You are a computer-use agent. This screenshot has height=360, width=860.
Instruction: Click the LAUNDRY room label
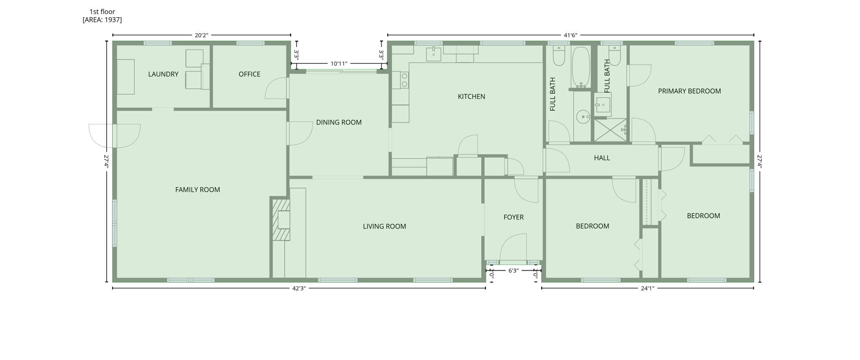point(163,74)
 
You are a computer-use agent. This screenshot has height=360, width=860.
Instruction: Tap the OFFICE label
point(249,74)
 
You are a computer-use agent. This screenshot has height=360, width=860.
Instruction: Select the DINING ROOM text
point(338,123)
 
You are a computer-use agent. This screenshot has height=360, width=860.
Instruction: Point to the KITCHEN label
point(471,97)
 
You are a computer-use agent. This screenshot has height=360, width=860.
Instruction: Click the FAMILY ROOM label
point(197,190)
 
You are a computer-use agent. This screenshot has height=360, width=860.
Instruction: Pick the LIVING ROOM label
point(384,226)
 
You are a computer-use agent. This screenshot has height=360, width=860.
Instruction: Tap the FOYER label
point(514,217)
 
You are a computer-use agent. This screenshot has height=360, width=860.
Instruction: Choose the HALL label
point(602,158)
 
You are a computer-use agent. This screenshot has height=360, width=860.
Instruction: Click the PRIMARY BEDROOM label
point(689,91)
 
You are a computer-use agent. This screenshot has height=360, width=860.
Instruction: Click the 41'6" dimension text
point(570,35)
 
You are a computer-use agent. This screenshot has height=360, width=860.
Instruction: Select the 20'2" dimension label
point(201,35)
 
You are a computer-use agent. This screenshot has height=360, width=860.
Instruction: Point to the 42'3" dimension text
point(299,289)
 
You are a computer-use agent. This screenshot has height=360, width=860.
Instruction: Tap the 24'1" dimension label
point(647,289)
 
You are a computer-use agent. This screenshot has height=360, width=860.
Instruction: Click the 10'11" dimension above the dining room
point(339,64)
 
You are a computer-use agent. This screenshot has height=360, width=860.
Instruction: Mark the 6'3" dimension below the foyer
point(513,271)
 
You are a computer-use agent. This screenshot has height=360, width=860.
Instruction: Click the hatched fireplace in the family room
point(281,220)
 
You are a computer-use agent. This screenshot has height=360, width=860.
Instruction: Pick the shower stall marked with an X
point(610,130)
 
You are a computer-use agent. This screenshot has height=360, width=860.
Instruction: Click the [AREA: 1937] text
point(102,20)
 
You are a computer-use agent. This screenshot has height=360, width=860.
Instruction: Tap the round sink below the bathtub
point(583,117)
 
